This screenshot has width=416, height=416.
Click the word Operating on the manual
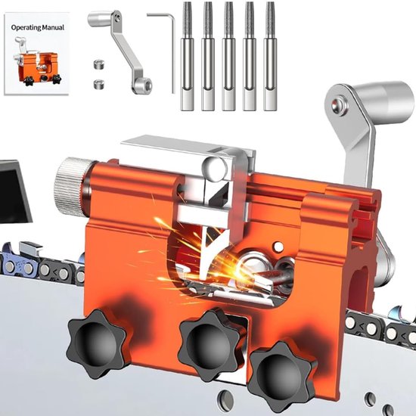point(26,27)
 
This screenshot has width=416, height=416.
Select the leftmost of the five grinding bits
point(187,56)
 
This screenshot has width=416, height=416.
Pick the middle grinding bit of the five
point(228,56)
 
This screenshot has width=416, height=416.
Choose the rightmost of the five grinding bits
point(270,56)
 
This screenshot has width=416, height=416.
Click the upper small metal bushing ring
point(99,64)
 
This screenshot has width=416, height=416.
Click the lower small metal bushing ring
point(99,84)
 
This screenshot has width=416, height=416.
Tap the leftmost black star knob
point(98,343)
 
